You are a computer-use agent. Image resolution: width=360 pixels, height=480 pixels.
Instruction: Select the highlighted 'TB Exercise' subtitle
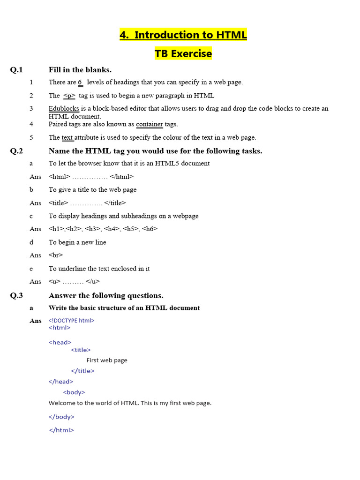coord(183,54)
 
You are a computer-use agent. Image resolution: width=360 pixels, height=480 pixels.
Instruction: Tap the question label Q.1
coord(16,70)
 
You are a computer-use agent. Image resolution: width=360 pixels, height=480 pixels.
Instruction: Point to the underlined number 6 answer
coord(80,82)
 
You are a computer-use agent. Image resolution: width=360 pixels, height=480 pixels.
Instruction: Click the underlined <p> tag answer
coord(69,96)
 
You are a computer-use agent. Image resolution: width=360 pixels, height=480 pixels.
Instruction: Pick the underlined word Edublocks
coord(64,109)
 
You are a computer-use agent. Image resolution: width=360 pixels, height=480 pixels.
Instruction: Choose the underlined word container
coord(150,124)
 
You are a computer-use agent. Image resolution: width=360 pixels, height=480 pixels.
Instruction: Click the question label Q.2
coord(16,151)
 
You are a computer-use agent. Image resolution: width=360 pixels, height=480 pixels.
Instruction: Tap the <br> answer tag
coord(56,255)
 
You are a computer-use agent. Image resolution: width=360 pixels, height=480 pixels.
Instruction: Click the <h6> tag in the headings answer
coord(150,229)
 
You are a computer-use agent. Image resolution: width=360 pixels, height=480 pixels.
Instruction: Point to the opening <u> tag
coord(54,282)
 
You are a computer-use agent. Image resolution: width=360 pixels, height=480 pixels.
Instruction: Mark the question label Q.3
coord(16,296)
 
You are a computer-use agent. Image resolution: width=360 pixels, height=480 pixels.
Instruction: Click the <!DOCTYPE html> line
coord(71,321)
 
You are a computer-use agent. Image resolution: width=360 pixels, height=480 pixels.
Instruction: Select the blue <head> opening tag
coord(60,342)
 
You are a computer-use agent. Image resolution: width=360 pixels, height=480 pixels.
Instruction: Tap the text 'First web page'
coord(107,360)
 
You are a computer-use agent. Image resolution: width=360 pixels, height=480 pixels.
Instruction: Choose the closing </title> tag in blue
coord(82,371)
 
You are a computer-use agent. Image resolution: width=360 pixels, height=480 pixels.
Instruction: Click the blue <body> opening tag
coord(74,392)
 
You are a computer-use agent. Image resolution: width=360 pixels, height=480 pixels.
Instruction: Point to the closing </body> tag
coord(61,417)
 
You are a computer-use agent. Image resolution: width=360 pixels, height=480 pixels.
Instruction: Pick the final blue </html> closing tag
coord(61,430)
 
